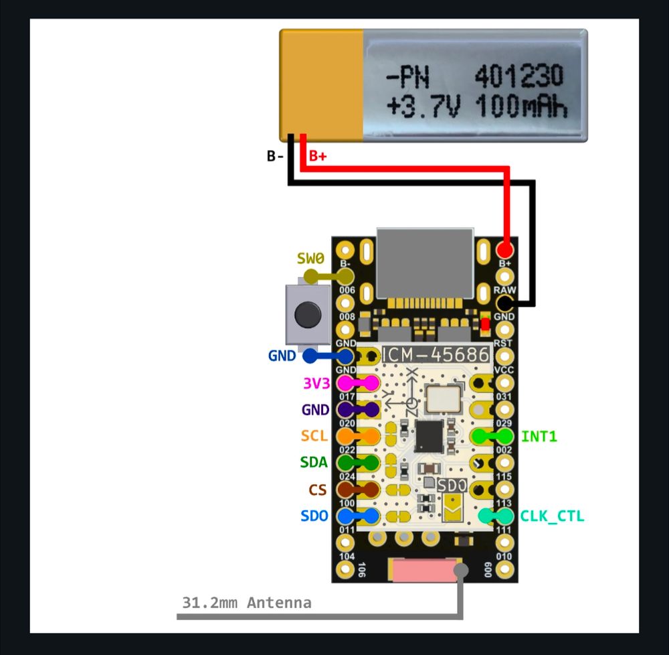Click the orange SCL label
click(314, 436)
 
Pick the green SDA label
click(314, 463)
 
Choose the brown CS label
click(317, 490)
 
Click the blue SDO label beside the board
click(314, 516)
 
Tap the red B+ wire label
click(318, 157)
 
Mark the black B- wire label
click(275, 157)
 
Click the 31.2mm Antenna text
click(247, 603)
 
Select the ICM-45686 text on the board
click(435, 355)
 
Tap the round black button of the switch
click(307, 313)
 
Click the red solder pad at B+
click(505, 250)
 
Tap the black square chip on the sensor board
click(428, 436)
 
